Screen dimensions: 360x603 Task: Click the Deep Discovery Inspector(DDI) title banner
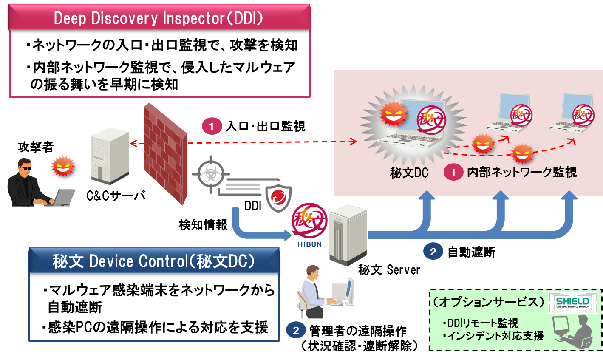(159, 18)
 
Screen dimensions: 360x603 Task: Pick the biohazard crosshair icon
(210, 173)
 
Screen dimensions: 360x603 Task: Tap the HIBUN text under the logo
(309, 244)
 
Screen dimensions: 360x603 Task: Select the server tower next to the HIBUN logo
(348, 235)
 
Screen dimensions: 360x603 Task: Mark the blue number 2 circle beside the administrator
(296, 330)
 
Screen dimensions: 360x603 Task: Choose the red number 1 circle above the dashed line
(212, 126)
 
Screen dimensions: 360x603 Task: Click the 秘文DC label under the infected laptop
(409, 173)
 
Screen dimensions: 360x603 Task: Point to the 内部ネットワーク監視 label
(521, 172)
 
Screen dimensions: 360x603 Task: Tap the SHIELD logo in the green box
(572, 302)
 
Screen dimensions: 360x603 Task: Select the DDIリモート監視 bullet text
(480, 323)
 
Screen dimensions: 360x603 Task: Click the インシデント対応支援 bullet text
(493, 336)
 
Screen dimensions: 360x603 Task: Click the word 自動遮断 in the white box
(75, 307)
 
